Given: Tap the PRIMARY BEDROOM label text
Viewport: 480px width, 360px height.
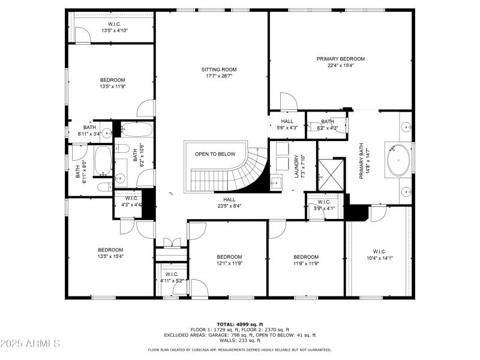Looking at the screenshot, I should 340,59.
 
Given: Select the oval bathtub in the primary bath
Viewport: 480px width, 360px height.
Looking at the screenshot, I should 398,160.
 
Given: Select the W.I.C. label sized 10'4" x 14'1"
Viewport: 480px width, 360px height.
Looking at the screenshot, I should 379,251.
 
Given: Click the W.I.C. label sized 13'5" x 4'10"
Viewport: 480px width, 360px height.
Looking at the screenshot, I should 114,23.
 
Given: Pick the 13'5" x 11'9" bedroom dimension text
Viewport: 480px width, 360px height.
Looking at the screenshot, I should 112,86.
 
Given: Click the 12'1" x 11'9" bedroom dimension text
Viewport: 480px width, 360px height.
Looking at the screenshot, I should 229,263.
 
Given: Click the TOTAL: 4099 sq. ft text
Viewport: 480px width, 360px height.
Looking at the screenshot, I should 239,324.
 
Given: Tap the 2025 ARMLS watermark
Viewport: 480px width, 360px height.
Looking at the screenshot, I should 30,344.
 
